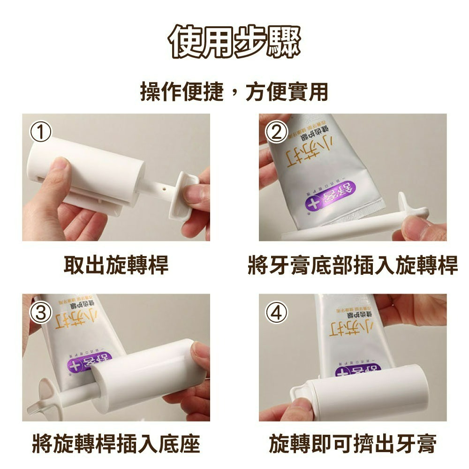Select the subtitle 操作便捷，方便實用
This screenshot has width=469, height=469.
coord(234,91)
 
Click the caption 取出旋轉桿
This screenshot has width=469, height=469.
coord(116,265)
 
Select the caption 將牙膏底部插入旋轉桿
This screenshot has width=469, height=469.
coord(353,265)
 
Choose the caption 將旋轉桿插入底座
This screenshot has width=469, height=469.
coord(116,444)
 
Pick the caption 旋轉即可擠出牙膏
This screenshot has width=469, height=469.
coord(353,444)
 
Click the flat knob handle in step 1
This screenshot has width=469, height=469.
coord(185,197)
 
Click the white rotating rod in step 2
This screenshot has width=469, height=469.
coord(338,230)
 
